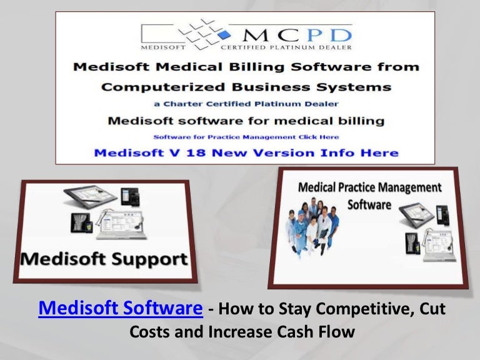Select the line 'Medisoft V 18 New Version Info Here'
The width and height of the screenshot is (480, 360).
(x=245, y=152)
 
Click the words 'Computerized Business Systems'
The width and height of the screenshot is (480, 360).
(x=246, y=86)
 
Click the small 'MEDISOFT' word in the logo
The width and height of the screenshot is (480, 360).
(x=161, y=47)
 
